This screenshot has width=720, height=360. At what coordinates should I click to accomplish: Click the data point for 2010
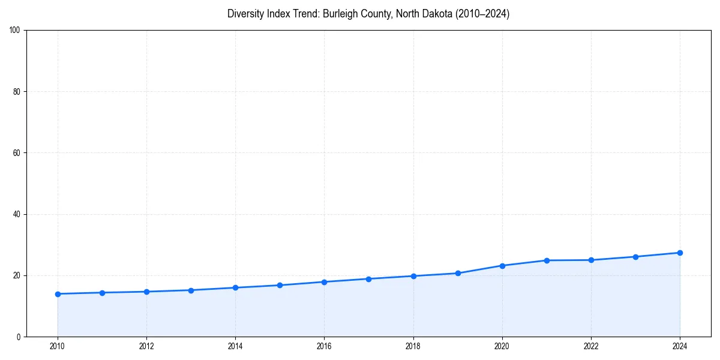[58, 294]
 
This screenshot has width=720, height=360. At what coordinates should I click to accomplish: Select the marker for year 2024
[680, 253]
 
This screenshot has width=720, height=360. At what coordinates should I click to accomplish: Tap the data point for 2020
[502, 266]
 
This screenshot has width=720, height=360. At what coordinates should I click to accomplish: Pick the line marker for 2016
[324, 282]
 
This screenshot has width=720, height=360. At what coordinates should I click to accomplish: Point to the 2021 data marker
[547, 260]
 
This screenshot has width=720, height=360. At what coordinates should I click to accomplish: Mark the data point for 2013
[191, 290]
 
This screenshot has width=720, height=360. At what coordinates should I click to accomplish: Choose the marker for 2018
[413, 276]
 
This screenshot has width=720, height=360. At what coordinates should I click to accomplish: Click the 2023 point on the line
[635, 257]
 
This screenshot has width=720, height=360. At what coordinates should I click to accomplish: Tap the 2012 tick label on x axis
[146, 346]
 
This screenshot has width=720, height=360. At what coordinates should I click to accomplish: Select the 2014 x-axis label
[235, 346]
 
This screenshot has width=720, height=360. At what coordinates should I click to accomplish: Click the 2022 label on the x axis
[591, 346]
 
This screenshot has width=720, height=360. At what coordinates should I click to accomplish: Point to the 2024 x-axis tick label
[680, 346]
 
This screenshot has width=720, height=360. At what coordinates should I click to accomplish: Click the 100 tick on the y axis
[16, 31]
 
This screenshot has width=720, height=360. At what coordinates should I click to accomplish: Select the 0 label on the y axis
[19, 337]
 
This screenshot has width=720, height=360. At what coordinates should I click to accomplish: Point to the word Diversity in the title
[246, 14]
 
